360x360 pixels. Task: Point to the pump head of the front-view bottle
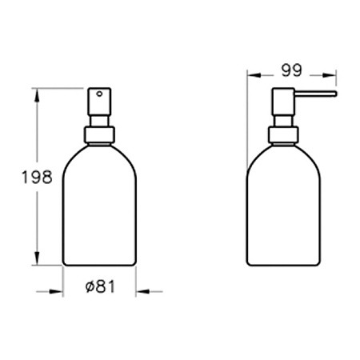point(100,102)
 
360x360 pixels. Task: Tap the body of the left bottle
point(100,208)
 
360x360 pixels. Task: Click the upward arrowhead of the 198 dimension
point(37,95)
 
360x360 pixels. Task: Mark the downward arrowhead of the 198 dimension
point(37,260)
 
